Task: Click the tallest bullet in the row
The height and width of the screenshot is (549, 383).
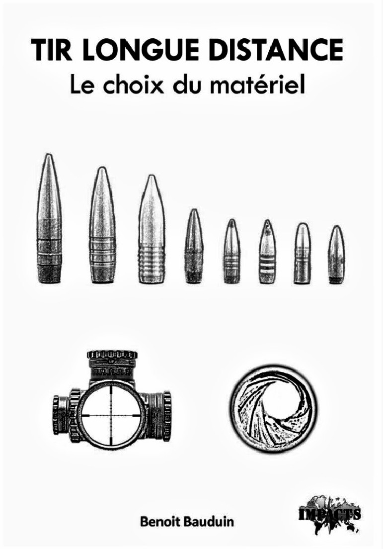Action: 49,218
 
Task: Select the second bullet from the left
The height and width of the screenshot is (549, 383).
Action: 102,225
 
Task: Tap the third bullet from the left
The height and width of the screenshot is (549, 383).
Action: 152,229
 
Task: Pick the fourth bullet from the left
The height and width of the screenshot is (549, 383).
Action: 194,246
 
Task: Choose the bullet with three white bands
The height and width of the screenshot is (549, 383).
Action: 268,251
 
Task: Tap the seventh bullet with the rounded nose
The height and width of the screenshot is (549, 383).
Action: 303,253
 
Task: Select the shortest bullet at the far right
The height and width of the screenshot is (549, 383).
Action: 336,255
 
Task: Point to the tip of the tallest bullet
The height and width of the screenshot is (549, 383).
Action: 49,154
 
